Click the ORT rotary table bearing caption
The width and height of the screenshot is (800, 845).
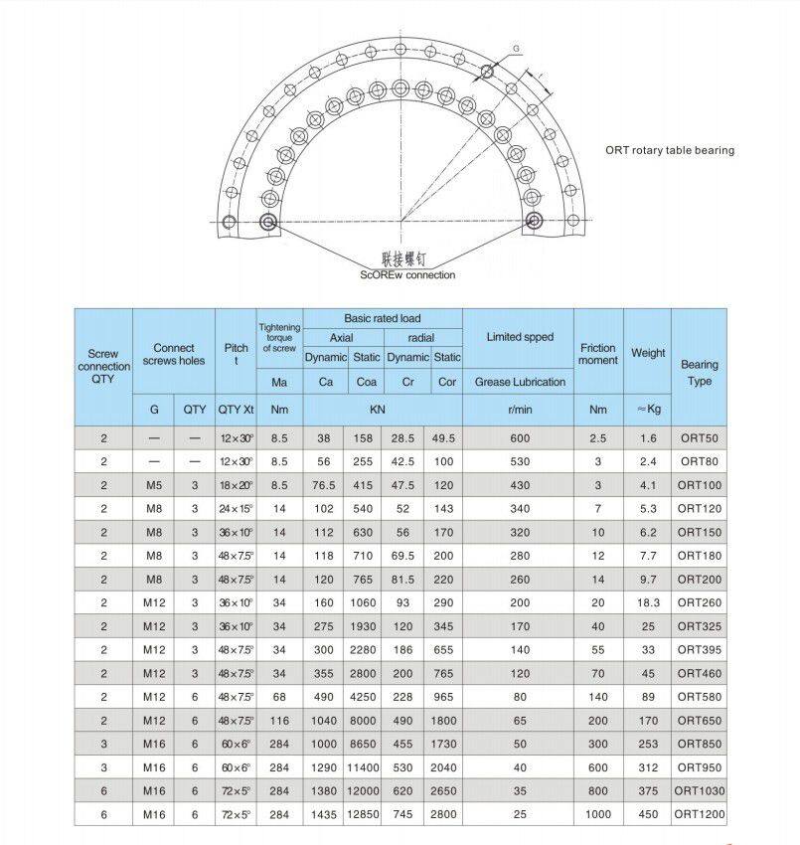pyautogui.click(x=670, y=151)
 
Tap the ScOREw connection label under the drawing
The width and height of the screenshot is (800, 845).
pyautogui.click(x=407, y=275)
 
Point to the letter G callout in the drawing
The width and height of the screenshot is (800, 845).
pyautogui.click(x=516, y=48)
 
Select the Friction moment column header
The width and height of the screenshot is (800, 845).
pyautogui.click(x=597, y=354)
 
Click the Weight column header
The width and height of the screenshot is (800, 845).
pyautogui.click(x=647, y=353)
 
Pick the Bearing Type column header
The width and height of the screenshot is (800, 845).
pyautogui.click(x=699, y=373)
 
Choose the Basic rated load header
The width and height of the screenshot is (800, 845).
pyautogui.click(x=383, y=319)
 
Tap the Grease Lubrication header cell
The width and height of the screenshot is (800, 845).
pyautogui.click(x=520, y=382)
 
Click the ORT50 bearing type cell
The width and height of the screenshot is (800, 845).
pyautogui.click(x=699, y=438)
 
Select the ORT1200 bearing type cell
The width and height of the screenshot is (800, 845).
pyautogui.click(x=700, y=815)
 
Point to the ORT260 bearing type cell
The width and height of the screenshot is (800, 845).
pyautogui.click(x=699, y=603)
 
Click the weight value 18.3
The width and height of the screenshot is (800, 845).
pyautogui.click(x=648, y=603)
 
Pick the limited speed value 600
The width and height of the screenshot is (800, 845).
pyautogui.click(x=520, y=438)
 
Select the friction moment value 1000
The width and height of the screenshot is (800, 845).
pyautogui.click(x=597, y=815)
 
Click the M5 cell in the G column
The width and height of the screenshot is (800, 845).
pyautogui.click(x=154, y=485)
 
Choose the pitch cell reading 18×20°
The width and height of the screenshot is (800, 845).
pyautogui.click(x=236, y=485)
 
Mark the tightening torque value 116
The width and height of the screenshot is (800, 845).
pyautogui.click(x=279, y=721)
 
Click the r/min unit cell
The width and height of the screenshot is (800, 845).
pyautogui.click(x=520, y=409)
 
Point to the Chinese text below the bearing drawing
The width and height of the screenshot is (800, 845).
pyautogui.click(x=407, y=256)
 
